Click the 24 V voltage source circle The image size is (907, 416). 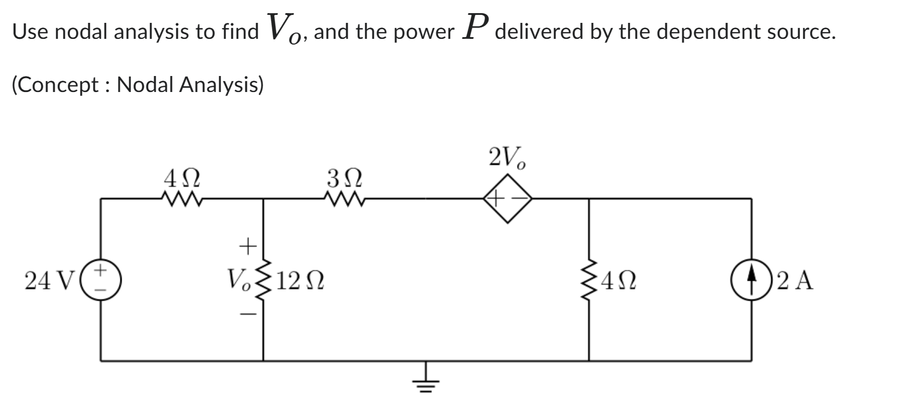coord(101,280)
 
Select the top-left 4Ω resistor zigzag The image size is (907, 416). coord(182,199)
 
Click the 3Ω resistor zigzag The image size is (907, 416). coord(344,199)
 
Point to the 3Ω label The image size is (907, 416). coord(344,177)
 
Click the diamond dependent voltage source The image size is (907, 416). coord(507,199)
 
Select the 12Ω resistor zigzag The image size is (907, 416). coord(263,280)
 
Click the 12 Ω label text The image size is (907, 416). coord(303,281)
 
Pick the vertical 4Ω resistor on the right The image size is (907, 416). coord(589,280)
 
